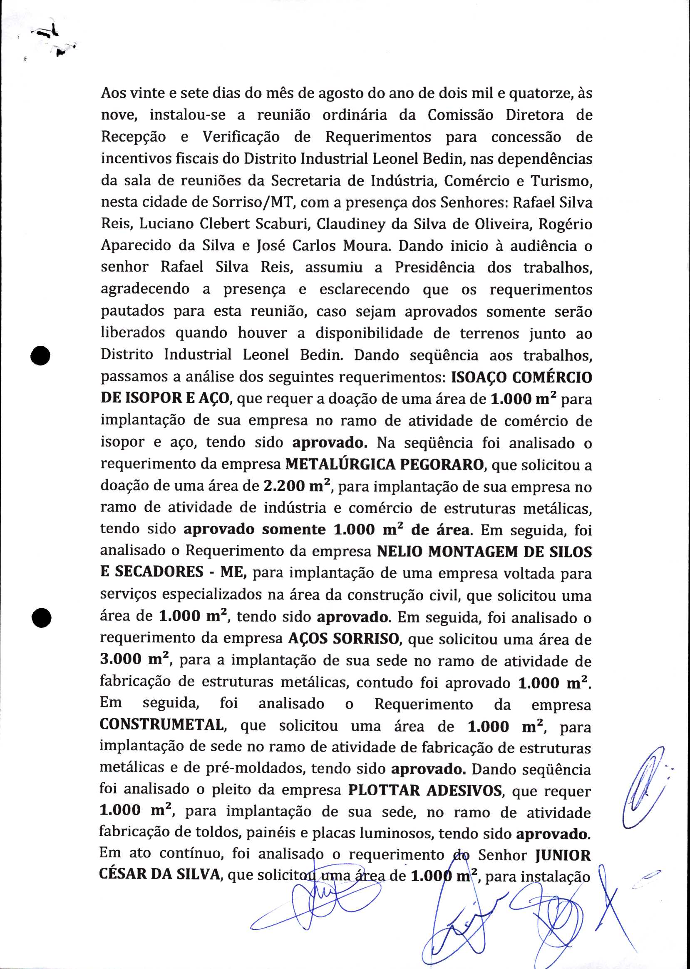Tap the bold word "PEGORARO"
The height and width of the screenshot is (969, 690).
pyautogui.click(x=442, y=465)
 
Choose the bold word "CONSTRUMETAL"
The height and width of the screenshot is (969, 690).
pyautogui.click(x=162, y=725)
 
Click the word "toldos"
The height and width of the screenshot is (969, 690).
pyautogui.click(x=210, y=834)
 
